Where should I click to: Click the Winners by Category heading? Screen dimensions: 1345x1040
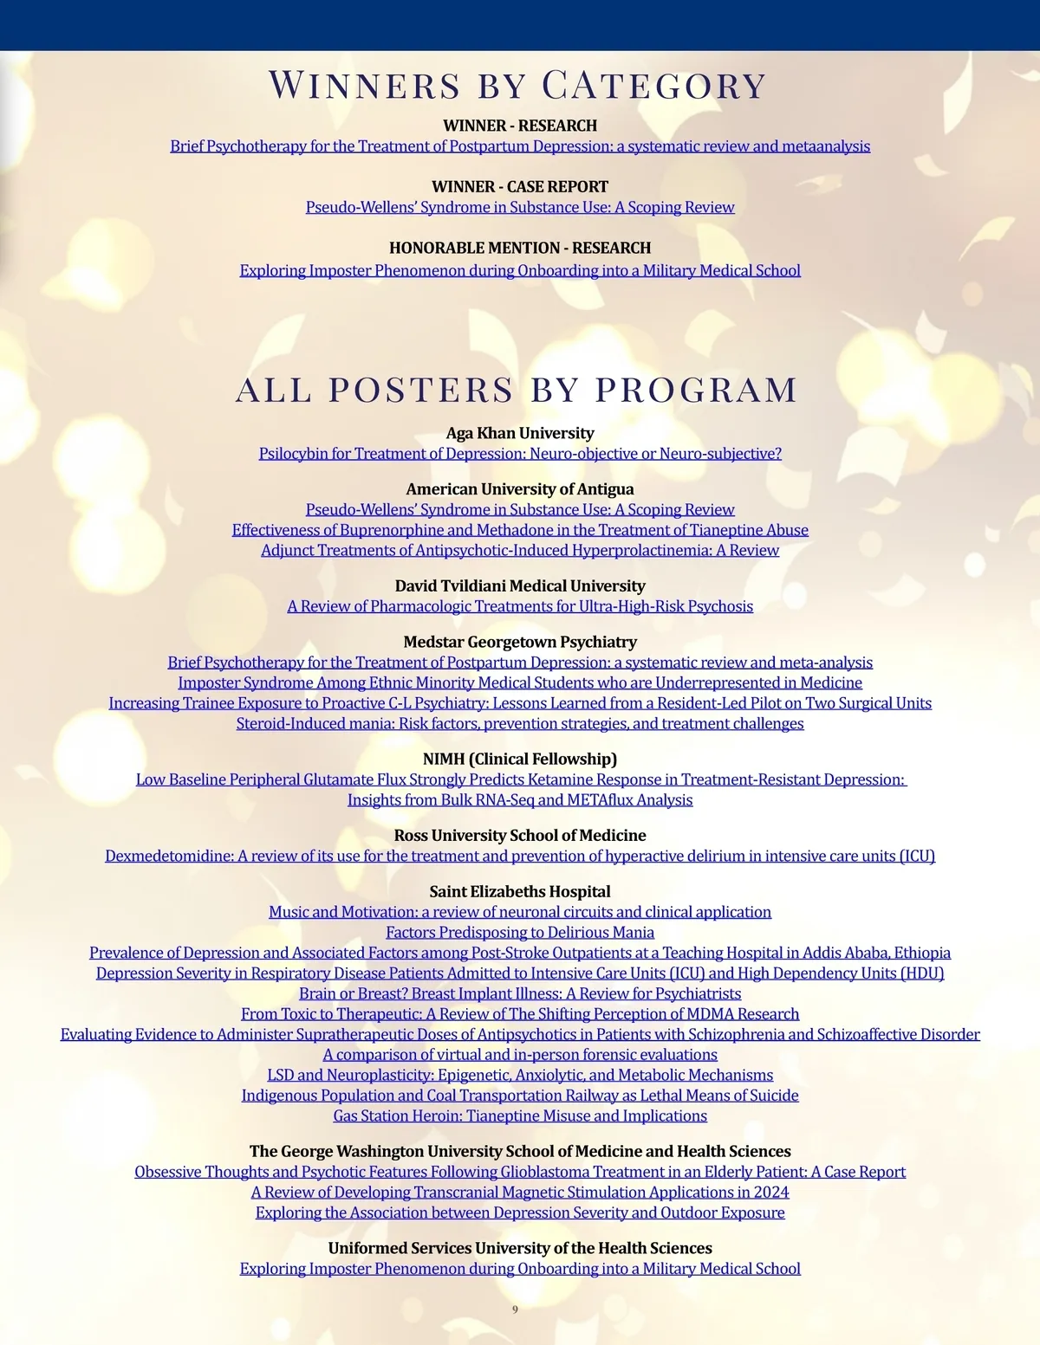coord(517,86)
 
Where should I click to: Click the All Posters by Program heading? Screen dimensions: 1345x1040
coord(517,390)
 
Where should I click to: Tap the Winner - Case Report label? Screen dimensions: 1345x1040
coord(520,186)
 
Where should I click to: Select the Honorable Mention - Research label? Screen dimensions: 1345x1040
coord(520,248)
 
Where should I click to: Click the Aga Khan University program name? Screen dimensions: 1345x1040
coord(520,433)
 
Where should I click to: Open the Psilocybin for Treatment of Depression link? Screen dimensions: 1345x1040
coord(520,454)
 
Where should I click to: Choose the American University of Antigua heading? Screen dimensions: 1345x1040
coord(520,489)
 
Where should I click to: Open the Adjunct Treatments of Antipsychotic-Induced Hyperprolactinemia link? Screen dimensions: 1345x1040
coord(520,551)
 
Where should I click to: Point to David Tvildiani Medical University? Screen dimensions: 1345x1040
coord(520,586)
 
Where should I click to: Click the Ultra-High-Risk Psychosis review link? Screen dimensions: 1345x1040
coord(520,606)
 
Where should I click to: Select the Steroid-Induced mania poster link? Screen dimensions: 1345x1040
coord(520,724)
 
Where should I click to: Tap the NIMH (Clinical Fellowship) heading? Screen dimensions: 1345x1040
coord(520,760)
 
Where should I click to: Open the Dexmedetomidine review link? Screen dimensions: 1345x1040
coord(520,857)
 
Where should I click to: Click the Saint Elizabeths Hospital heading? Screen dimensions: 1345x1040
coord(520,892)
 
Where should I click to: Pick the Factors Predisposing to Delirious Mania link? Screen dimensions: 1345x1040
coord(520,933)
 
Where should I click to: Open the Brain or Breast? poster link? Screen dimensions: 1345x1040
coord(520,994)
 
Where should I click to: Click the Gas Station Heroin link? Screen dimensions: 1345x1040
coord(520,1116)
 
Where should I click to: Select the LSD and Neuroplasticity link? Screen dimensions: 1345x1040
coord(520,1076)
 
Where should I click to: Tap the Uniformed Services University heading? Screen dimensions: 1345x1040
coord(520,1249)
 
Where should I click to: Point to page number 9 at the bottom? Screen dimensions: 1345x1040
coord(516,1309)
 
